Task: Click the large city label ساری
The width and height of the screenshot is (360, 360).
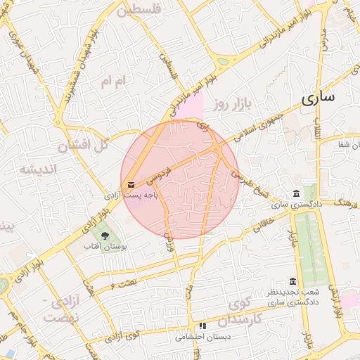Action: coord(319,99)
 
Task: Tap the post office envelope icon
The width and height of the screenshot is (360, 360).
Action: coord(131,186)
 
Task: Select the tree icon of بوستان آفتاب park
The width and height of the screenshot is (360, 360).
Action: coord(105,234)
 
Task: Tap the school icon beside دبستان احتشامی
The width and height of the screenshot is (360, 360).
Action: coord(202,326)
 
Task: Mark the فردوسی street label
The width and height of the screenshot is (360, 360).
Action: coord(163,168)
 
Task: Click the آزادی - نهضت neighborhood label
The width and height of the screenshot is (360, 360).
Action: coord(58,310)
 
